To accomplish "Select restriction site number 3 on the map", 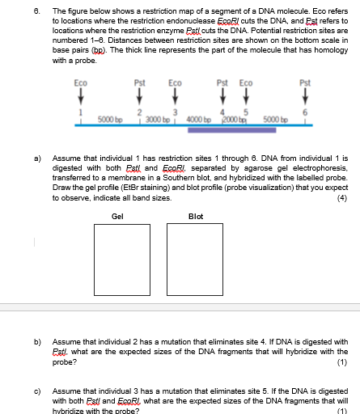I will [176, 112].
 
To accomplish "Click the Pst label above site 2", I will [139, 83].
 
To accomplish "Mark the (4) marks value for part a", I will [343, 196].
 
